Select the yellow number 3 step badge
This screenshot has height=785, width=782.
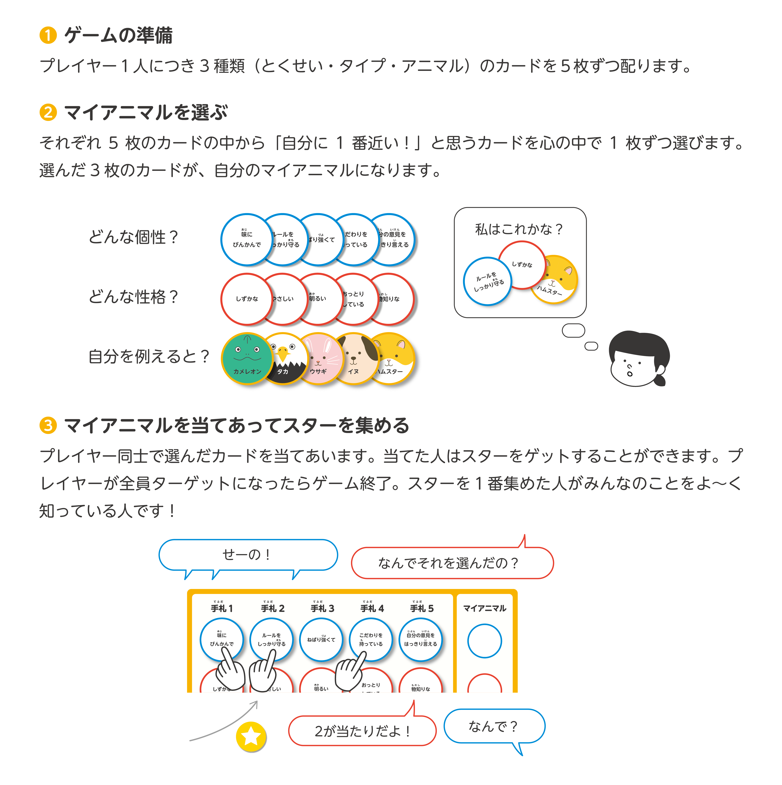(x=48, y=425)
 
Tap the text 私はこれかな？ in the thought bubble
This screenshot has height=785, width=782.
(x=519, y=229)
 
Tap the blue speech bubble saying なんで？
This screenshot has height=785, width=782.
(x=494, y=726)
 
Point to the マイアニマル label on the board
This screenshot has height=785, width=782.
(x=485, y=608)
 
